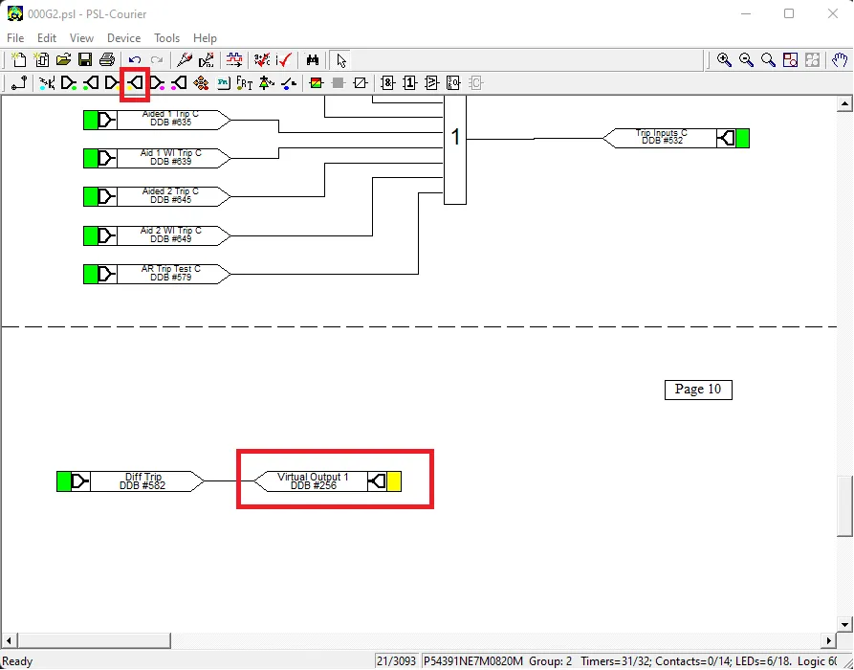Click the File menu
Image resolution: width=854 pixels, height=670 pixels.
tap(15, 38)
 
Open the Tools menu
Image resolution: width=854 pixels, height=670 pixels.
tap(166, 38)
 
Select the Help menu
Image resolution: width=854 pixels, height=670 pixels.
tap(205, 38)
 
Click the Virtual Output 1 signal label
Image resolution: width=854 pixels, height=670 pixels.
tap(312, 481)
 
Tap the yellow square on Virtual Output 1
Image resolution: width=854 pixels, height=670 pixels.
tap(394, 481)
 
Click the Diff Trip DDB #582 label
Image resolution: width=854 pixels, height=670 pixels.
tap(142, 481)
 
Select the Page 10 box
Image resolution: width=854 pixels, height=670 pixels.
tap(698, 390)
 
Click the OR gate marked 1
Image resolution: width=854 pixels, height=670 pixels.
tap(455, 149)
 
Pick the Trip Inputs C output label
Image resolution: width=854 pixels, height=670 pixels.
tap(661, 138)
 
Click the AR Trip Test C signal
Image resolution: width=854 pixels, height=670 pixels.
tap(170, 274)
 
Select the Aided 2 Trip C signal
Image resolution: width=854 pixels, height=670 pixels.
tap(170, 196)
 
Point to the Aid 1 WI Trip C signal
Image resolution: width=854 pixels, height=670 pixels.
tap(170, 158)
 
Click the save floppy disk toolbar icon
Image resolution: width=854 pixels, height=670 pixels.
tap(85, 59)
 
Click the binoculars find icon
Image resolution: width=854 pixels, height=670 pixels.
tap(312, 59)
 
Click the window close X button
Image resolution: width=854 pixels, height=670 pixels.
tap(833, 13)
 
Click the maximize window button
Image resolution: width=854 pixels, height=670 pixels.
tap(789, 13)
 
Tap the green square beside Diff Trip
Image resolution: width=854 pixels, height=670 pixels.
tap(64, 481)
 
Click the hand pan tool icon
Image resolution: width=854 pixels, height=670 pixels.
tap(841, 59)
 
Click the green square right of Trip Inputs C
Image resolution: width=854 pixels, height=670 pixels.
tap(742, 138)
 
